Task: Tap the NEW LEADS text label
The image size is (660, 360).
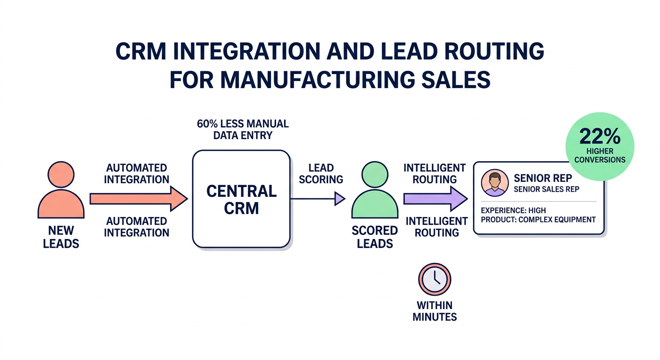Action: (61, 237)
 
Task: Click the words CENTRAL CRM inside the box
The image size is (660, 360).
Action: (241, 199)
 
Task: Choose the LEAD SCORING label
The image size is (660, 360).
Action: (321, 173)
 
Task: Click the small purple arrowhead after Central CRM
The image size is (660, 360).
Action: (339, 199)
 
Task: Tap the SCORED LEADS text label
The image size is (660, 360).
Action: (375, 237)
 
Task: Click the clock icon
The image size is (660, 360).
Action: (434, 279)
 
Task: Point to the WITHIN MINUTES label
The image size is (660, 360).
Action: (435, 311)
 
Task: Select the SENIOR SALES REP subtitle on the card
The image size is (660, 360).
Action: (546, 189)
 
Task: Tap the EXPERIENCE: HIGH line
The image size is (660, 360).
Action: (513, 210)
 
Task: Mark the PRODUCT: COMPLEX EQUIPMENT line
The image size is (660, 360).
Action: (538, 219)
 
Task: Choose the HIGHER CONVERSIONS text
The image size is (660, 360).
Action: (600, 155)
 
